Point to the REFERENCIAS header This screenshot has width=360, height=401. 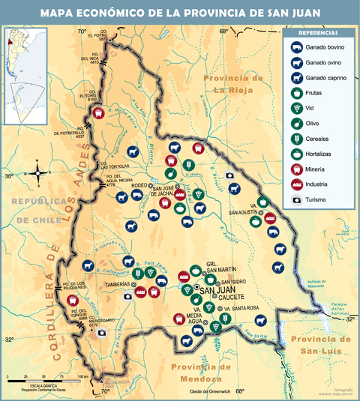pyautogui.click(x=318, y=34)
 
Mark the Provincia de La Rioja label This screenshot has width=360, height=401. pyautogui.click(x=235, y=84)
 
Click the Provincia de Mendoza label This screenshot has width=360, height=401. pyautogui.click(x=200, y=373)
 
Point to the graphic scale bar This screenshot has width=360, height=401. pyautogui.click(x=45, y=377)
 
